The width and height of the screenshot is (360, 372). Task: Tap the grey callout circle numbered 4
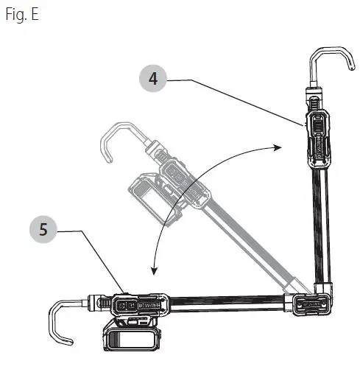pyautogui.click(x=152, y=80)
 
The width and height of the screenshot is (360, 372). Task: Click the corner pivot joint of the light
pyautogui.click(x=309, y=302)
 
